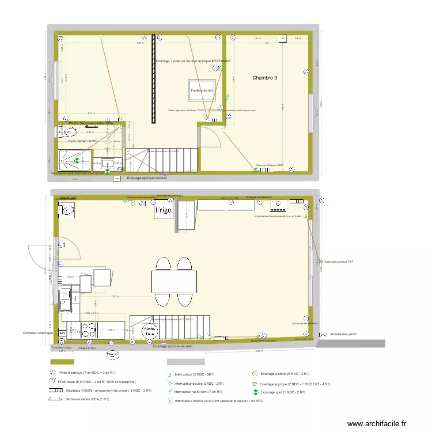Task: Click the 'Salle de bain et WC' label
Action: click(83, 141)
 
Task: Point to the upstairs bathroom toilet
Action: click(62, 132)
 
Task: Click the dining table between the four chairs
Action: click(173, 281)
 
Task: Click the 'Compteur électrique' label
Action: click(39, 333)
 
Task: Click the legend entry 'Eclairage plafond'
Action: click(285, 374)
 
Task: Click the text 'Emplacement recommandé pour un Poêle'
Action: click(278, 217)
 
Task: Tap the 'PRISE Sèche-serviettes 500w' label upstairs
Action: click(90, 123)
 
